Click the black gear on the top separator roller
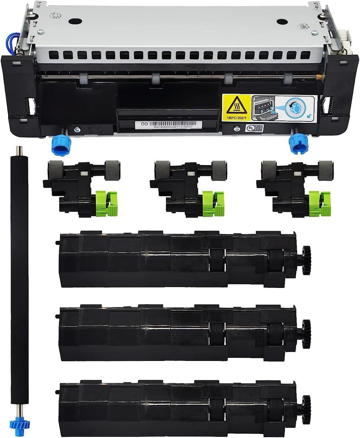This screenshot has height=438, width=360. coord(306,259)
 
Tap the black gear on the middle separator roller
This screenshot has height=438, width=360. coord(306,333)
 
